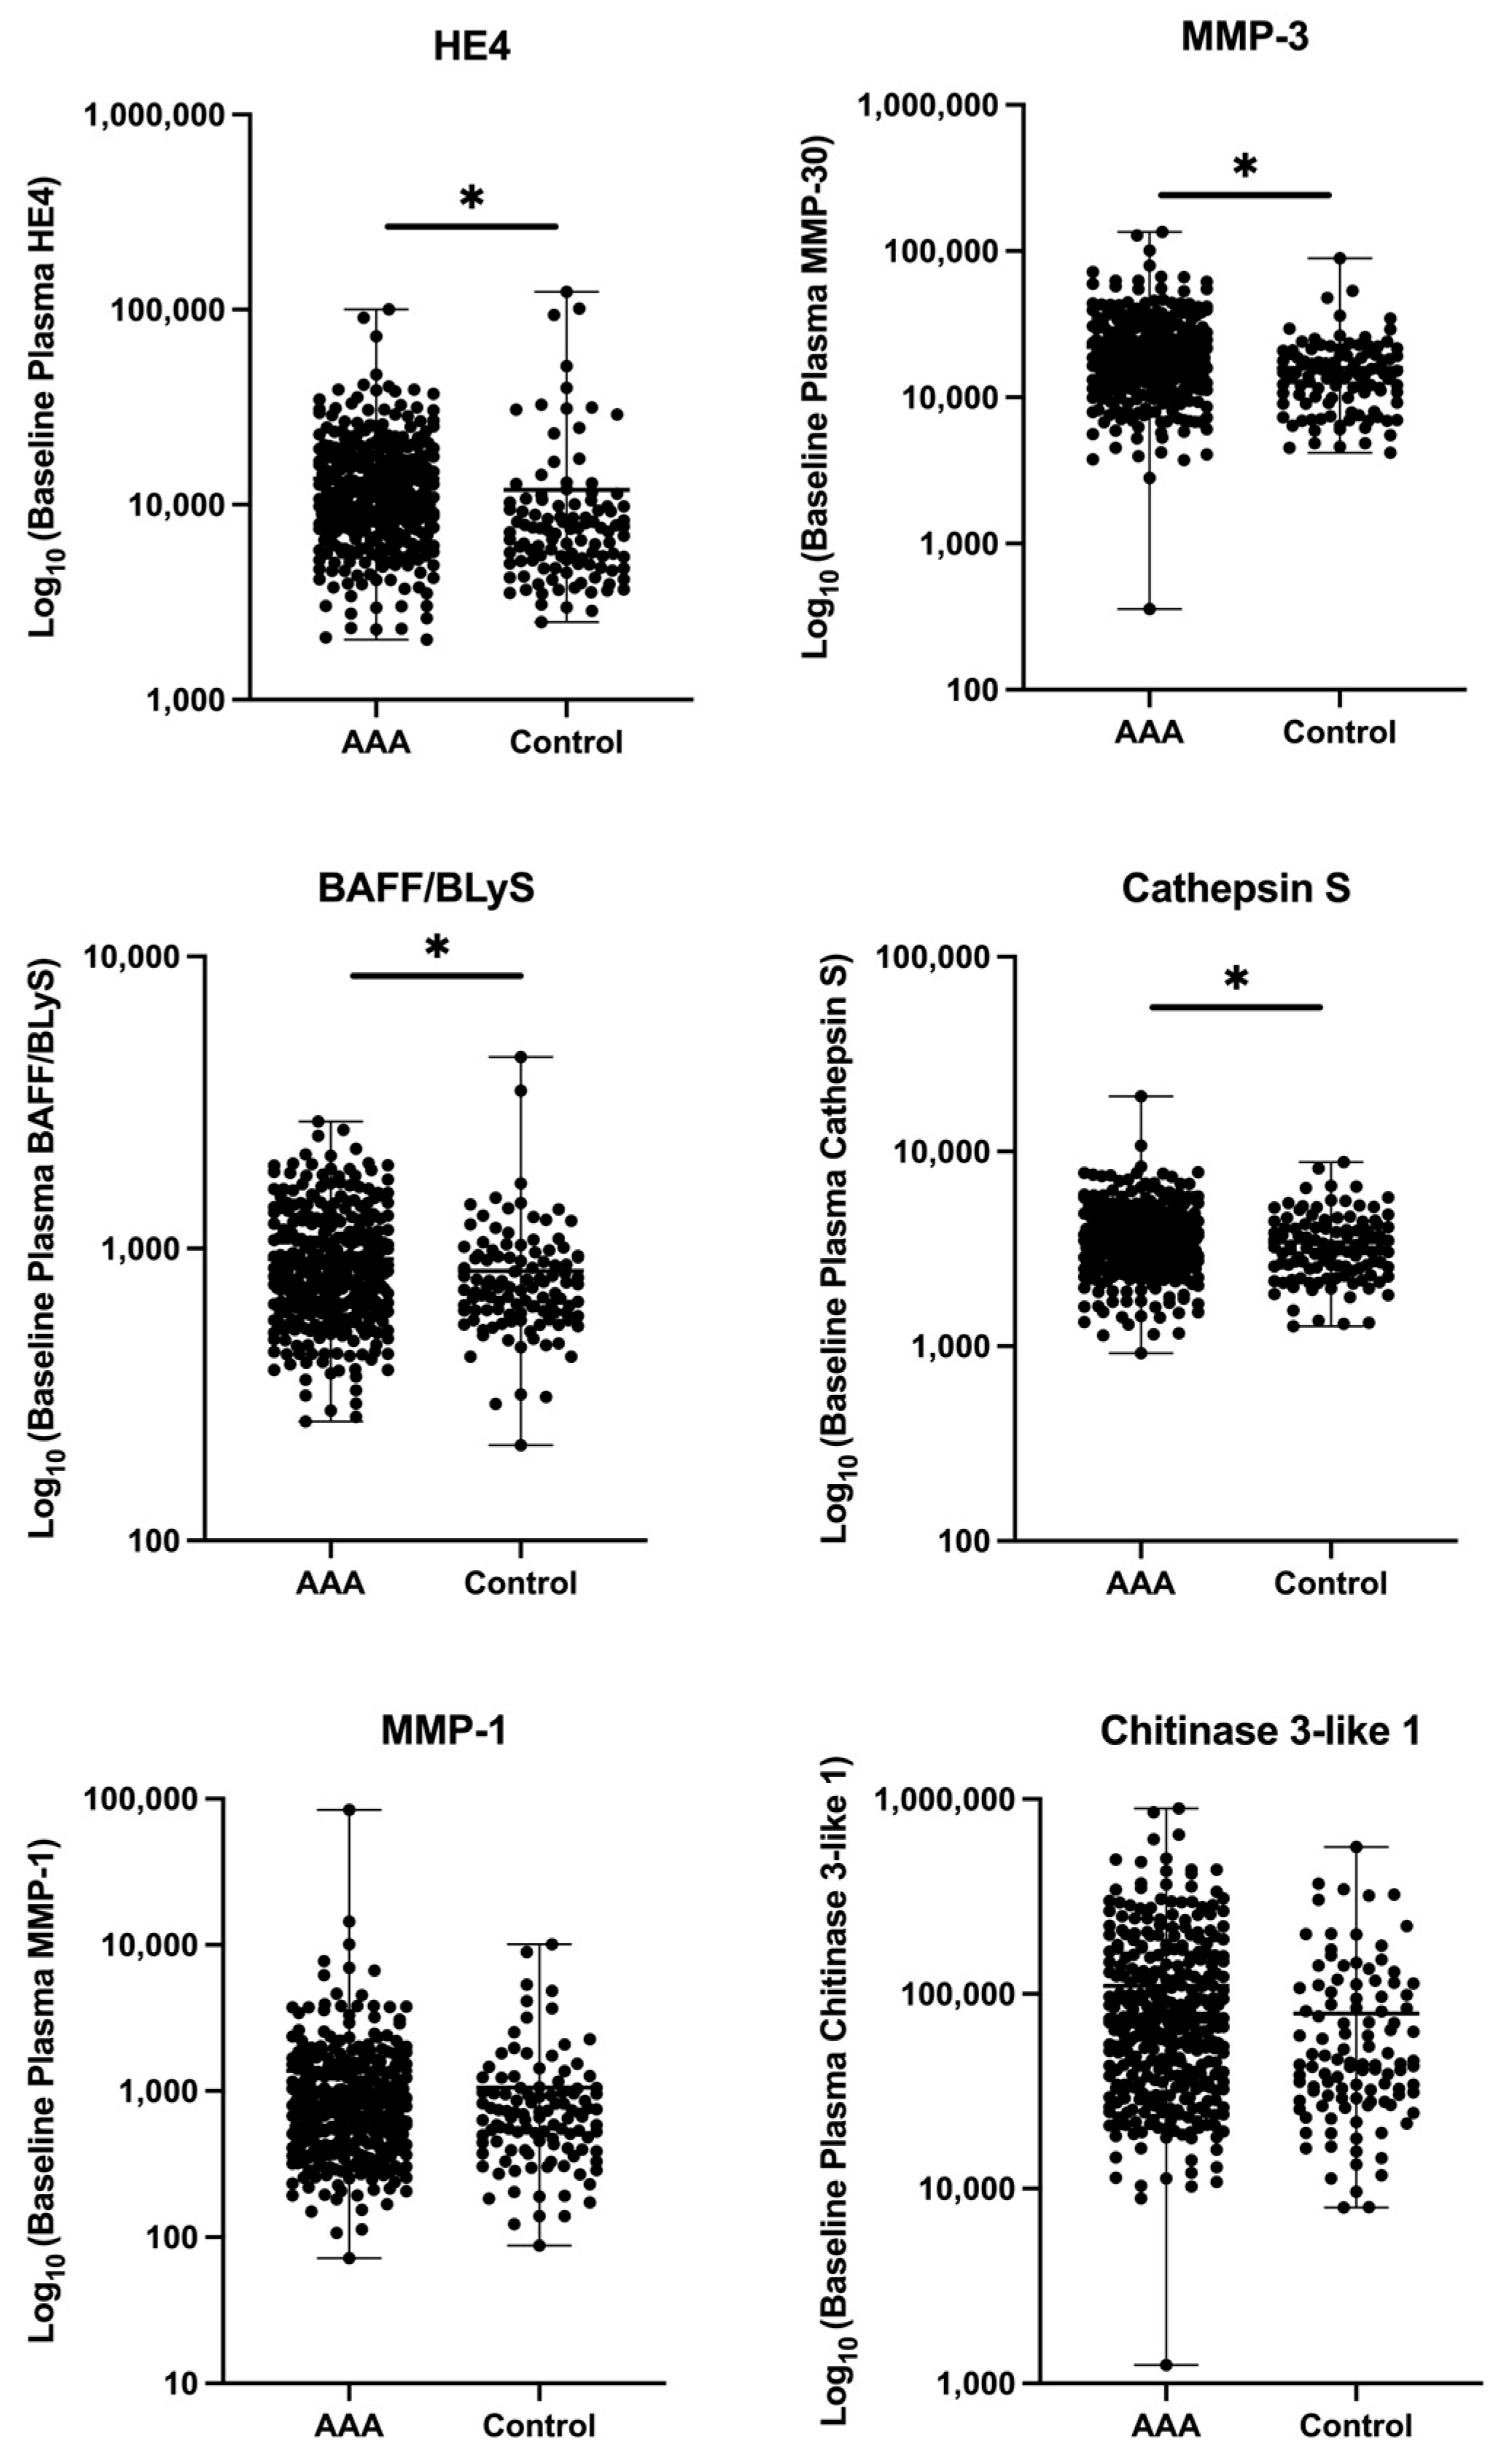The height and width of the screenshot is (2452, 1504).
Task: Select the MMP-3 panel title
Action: (1244, 37)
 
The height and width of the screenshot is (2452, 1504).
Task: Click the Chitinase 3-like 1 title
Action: (1259, 1732)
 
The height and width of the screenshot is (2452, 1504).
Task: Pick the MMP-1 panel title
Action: (443, 1732)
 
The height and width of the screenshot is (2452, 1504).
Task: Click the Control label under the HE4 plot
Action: (566, 742)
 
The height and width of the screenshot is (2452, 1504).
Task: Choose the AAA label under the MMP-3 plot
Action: (1149, 733)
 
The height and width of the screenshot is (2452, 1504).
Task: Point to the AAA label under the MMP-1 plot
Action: (349, 2425)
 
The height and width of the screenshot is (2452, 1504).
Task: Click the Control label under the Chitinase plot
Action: (1356, 2425)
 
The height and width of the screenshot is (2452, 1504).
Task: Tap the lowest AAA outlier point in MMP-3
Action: (1149, 609)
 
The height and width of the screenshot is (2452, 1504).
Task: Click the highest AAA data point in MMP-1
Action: (349, 1810)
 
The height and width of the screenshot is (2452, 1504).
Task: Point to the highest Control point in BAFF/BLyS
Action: (521, 1057)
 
